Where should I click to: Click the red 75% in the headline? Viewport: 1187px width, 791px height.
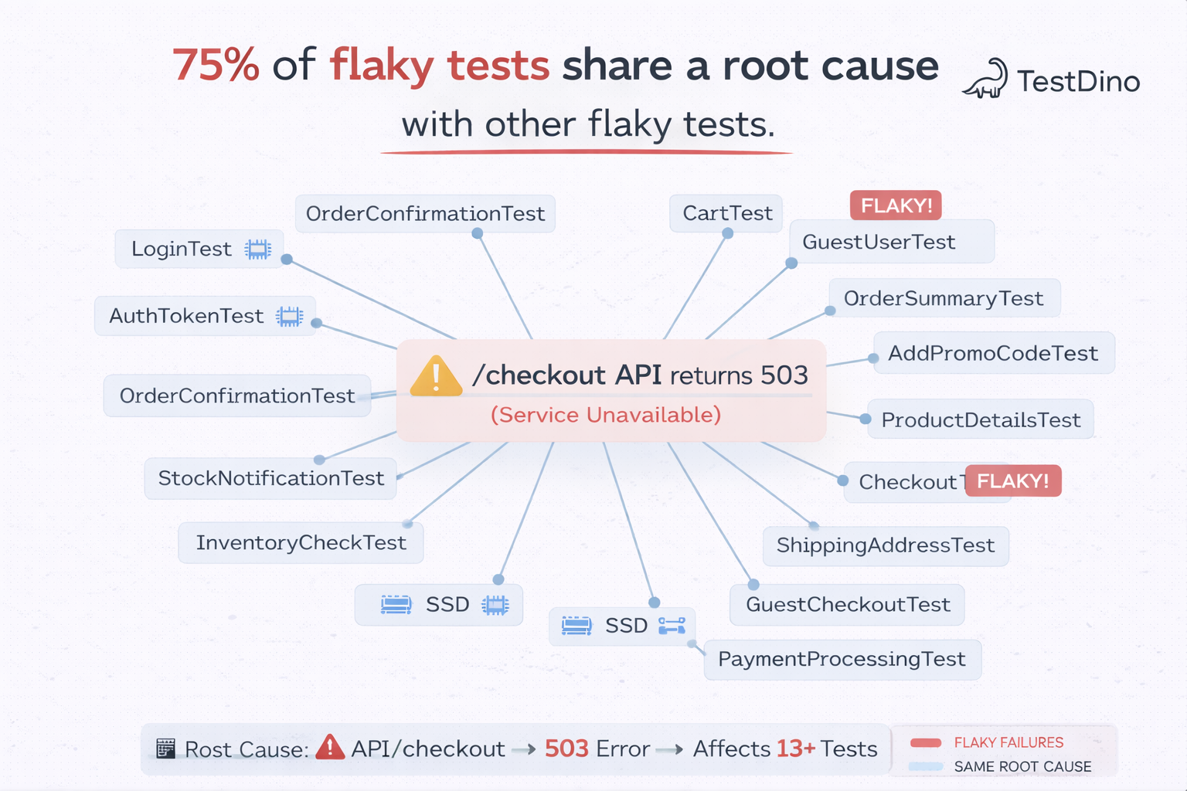click(x=216, y=65)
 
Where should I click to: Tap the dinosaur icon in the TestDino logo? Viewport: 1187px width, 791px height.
click(x=986, y=80)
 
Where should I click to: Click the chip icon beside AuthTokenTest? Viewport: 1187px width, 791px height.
click(x=290, y=316)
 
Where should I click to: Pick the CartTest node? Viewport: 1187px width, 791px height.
click(x=726, y=213)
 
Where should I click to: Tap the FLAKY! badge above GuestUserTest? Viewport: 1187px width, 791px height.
click(x=896, y=205)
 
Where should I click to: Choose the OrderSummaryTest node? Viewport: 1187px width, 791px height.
click(x=943, y=298)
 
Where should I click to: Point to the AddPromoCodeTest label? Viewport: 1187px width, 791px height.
click(x=992, y=353)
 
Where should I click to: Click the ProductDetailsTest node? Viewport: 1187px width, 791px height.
click(x=980, y=419)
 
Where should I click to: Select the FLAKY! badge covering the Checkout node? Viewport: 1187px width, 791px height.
click(x=1012, y=481)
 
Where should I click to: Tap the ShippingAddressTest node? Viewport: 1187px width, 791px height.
click(x=885, y=545)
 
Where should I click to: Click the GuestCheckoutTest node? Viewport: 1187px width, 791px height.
click(x=847, y=604)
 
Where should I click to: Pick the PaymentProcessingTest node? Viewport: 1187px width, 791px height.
click(x=842, y=659)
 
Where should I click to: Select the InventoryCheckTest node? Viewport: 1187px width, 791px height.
click(x=301, y=542)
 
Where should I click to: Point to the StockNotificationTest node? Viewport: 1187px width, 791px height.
click(x=270, y=478)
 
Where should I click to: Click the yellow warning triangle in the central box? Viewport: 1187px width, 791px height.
click(x=436, y=377)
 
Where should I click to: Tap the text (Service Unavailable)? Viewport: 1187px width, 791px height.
click(x=606, y=415)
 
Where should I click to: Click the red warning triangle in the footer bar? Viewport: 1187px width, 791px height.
click(x=330, y=747)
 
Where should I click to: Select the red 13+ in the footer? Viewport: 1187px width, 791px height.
click(x=795, y=749)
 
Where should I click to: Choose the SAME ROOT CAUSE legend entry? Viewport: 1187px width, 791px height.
click(x=1022, y=766)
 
